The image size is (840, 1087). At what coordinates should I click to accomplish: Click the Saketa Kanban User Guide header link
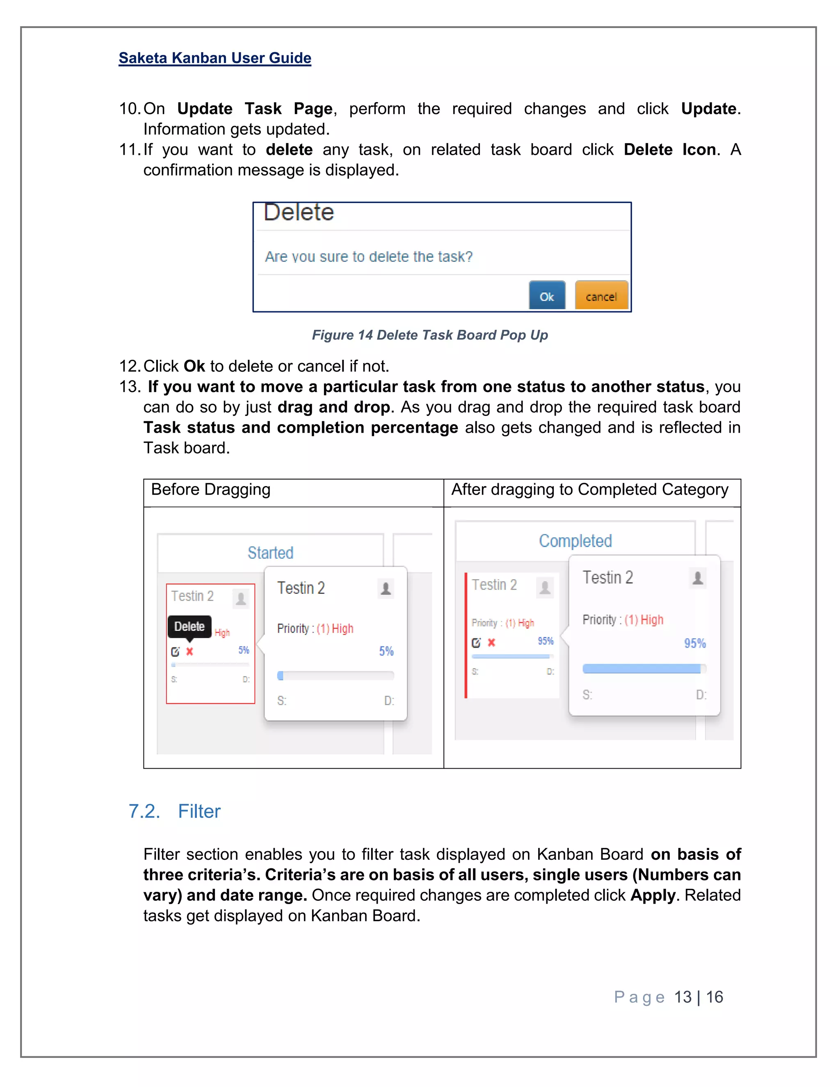(215, 58)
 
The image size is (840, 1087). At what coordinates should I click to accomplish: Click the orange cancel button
(601, 296)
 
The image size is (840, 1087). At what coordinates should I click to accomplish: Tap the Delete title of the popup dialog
(299, 212)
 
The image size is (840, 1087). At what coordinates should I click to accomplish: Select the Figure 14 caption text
(429, 335)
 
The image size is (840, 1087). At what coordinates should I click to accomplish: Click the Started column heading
(270, 553)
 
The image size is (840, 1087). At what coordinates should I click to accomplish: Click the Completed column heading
(575, 541)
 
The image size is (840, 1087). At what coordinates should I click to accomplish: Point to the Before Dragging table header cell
(210, 490)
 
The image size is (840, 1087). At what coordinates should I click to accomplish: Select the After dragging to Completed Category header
(589, 490)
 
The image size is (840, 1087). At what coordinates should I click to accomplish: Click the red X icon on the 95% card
(491, 642)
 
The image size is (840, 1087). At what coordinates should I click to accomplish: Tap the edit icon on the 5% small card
(175, 651)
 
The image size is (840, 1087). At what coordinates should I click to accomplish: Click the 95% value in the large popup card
(695, 644)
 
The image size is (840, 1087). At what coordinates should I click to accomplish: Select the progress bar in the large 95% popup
(644, 669)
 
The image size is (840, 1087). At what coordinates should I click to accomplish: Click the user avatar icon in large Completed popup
(698, 578)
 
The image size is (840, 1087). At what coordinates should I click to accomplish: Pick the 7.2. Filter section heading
(174, 812)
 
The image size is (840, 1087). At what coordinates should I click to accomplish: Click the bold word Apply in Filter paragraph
(653, 895)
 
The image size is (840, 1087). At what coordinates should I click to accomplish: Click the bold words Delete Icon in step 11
(669, 150)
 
